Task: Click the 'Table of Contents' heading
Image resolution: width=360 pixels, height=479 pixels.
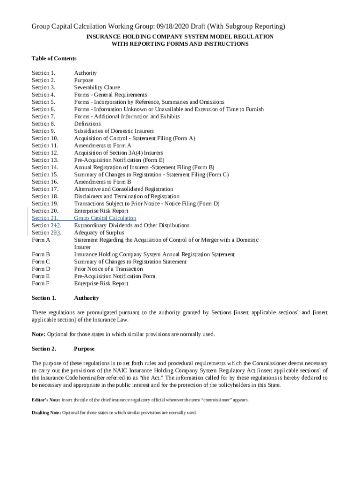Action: coord(54,58)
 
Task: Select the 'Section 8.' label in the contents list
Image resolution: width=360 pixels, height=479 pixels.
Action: coord(43,123)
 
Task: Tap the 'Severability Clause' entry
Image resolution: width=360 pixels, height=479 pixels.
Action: coord(97,87)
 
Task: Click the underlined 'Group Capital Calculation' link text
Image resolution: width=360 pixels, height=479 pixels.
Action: coord(105,218)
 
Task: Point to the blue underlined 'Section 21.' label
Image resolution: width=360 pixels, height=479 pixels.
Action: coord(45,218)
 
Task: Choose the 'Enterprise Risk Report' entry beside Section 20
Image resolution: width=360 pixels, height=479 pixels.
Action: coord(101,211)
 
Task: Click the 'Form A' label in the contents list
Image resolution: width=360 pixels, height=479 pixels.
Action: coord(41,240)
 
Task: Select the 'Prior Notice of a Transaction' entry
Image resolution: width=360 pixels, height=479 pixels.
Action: coord(108,269)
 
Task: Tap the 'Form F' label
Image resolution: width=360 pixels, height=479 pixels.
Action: coord(41,283)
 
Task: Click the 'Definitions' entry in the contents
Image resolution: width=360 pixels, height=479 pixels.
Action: coord(87,123)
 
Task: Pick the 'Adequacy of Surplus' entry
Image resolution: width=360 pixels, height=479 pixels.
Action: coord(99,232)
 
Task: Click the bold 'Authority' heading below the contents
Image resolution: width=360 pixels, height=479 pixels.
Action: coord(86,298)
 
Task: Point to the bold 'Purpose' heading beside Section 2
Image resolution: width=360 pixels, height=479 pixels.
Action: coord(84,349)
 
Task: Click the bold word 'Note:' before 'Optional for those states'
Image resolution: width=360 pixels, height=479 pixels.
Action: coord(38,334)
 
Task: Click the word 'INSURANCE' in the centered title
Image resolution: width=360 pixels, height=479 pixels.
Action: coord(102,36)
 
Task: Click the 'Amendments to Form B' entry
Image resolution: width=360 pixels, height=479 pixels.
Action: coord(102,182)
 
